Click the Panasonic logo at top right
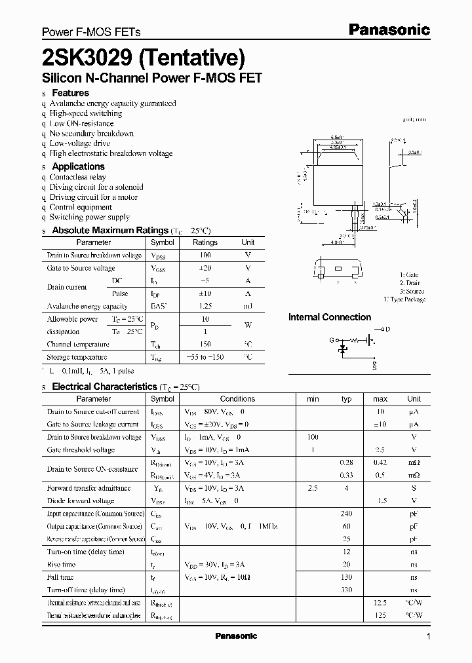388,29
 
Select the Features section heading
70,93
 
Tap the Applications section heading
78,166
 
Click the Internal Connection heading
330,317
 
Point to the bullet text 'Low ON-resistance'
81,123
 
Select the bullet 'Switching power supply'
89,217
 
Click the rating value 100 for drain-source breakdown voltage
205,255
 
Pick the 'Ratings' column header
205,242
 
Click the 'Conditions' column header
237,398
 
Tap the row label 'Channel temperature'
78,345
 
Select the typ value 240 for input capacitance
347,514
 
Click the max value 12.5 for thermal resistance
380,603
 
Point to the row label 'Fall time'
60,577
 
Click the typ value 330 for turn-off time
347,590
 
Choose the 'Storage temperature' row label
77,358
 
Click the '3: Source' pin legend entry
412,291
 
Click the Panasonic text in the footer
236,636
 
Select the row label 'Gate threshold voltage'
81,450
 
